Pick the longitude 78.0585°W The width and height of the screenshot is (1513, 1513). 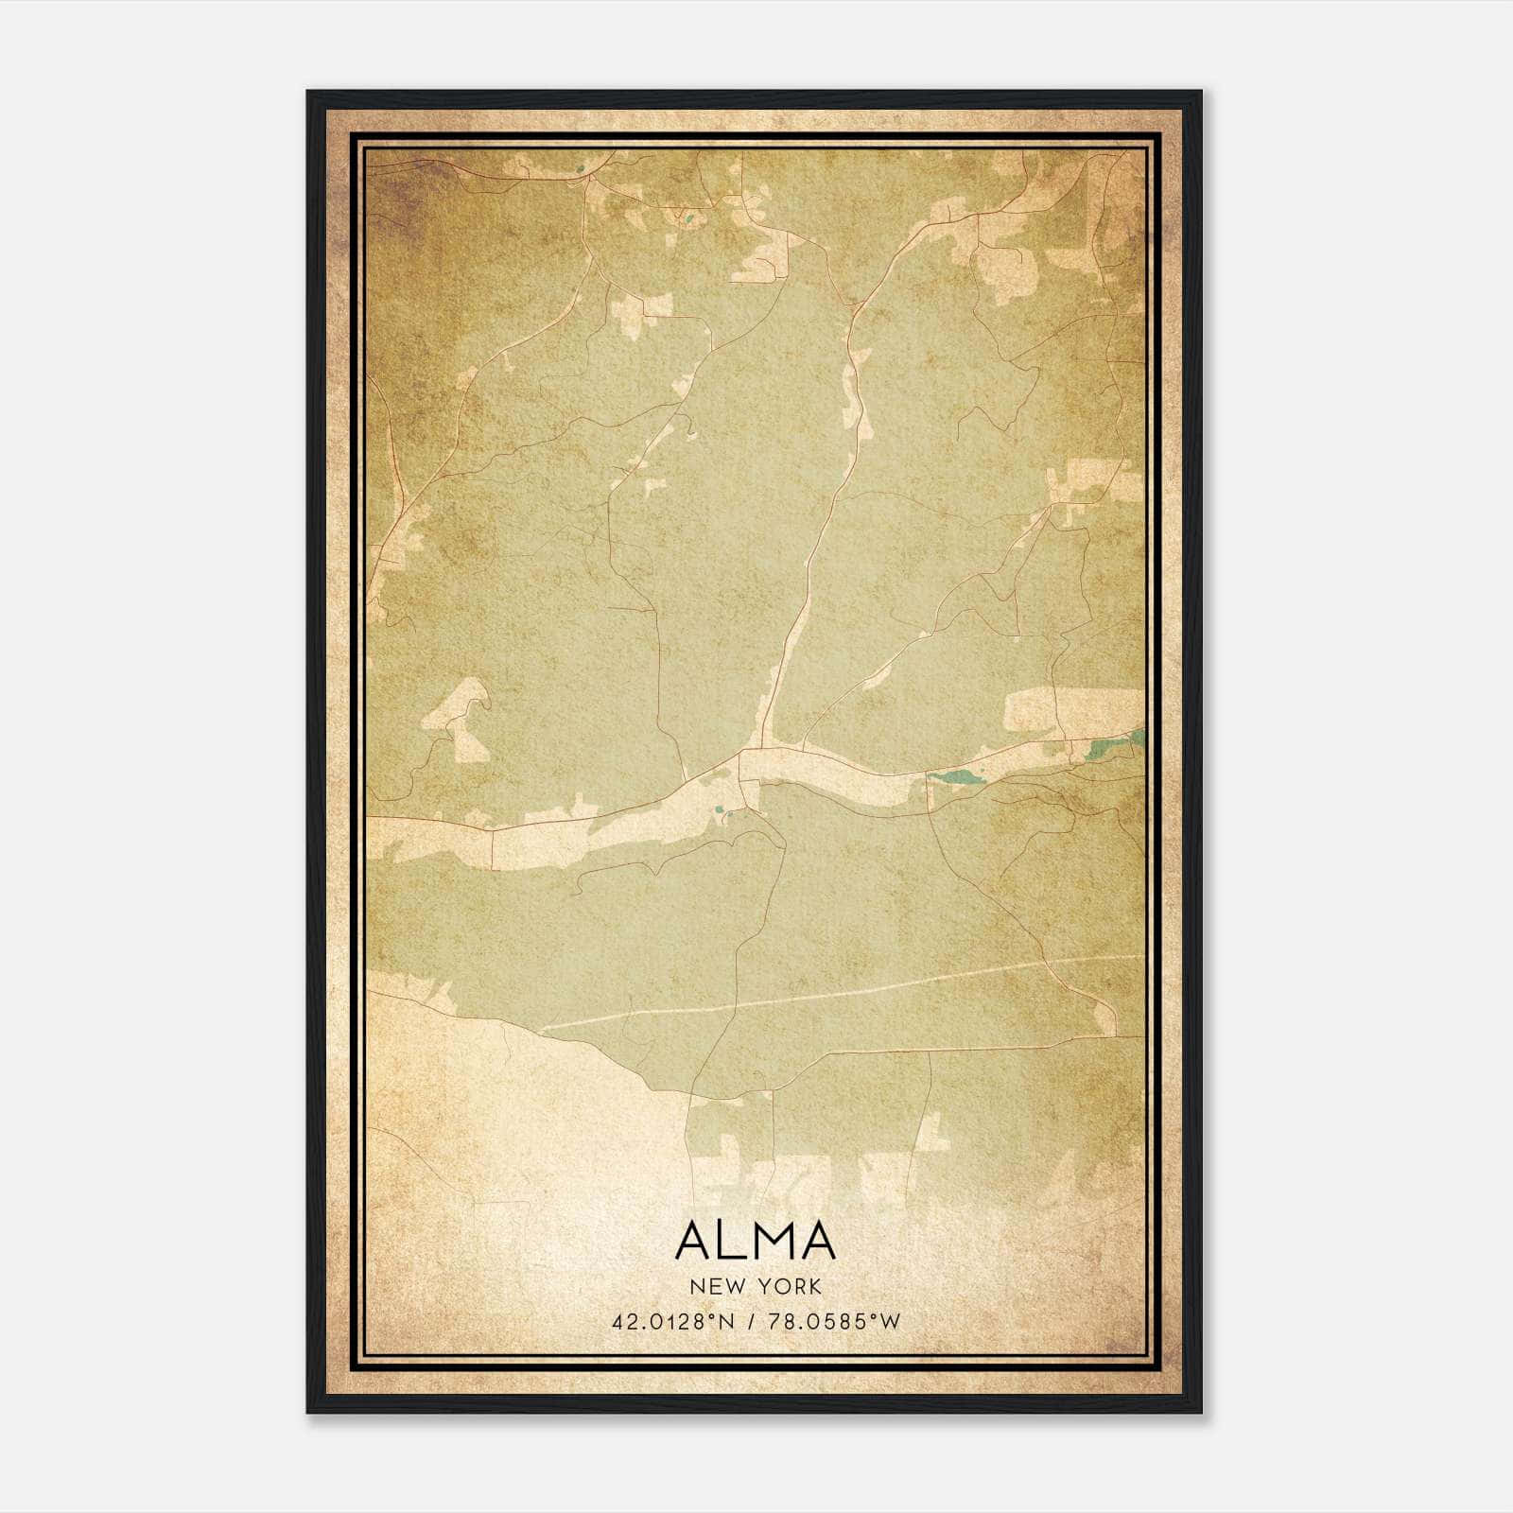(x=832, y=1322)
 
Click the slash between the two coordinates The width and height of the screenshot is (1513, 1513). (x=749, y=1322)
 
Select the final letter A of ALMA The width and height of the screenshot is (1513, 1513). (x=817, y=1240)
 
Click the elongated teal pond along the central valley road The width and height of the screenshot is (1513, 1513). (x=957, y=777)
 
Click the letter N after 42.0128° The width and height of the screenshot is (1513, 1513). (x=726, y=1322)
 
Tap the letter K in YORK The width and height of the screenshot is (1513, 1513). (x=815, y=1286)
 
